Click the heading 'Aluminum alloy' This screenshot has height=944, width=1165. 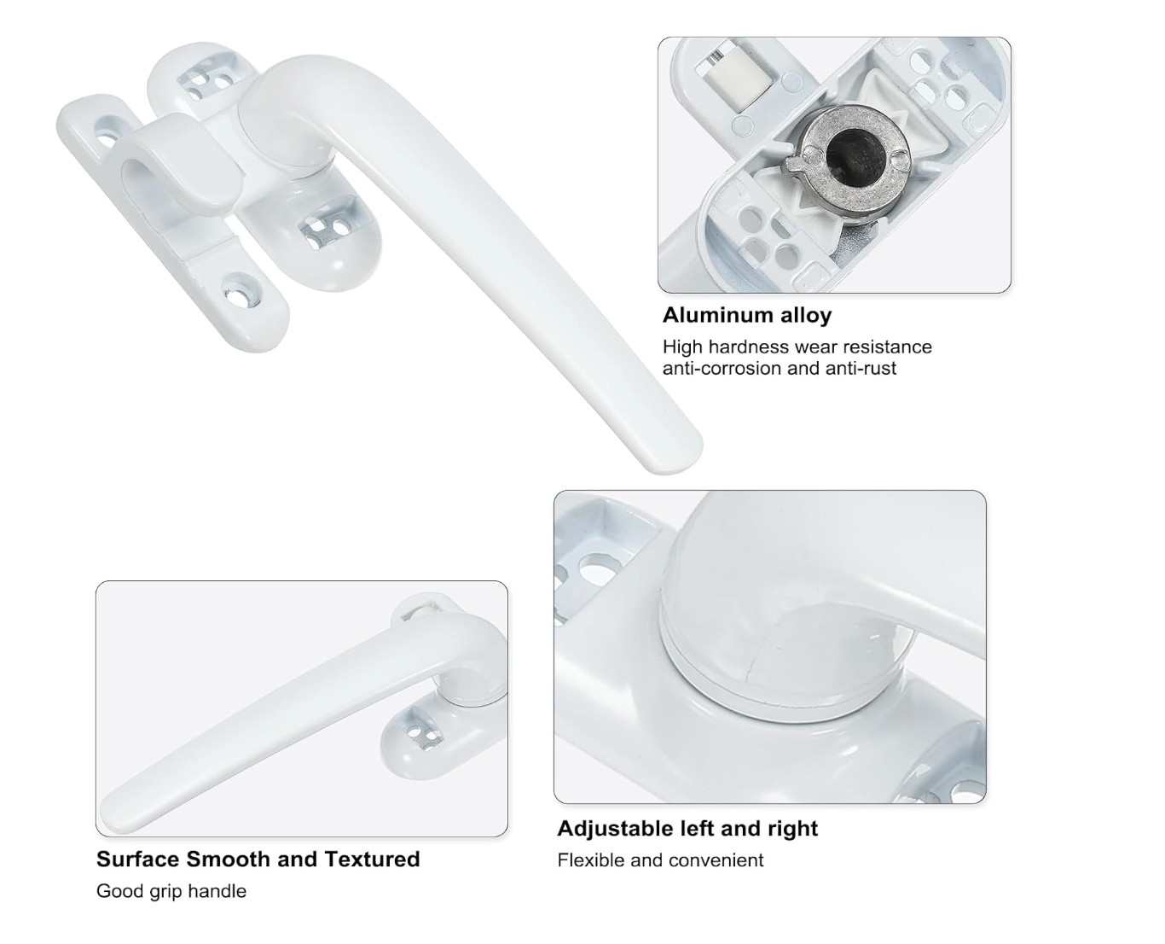[x=746, y=316]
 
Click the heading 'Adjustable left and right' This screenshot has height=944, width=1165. [x=687, y=829]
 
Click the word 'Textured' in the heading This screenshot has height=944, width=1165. [x=372, y=860]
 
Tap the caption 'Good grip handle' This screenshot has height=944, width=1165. [x=171, y=891]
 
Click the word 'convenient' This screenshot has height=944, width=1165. [x=716, y=860]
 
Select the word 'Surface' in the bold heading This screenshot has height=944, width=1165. [x=138, y=860]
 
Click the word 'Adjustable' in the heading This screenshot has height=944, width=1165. [x=615, y=829]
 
